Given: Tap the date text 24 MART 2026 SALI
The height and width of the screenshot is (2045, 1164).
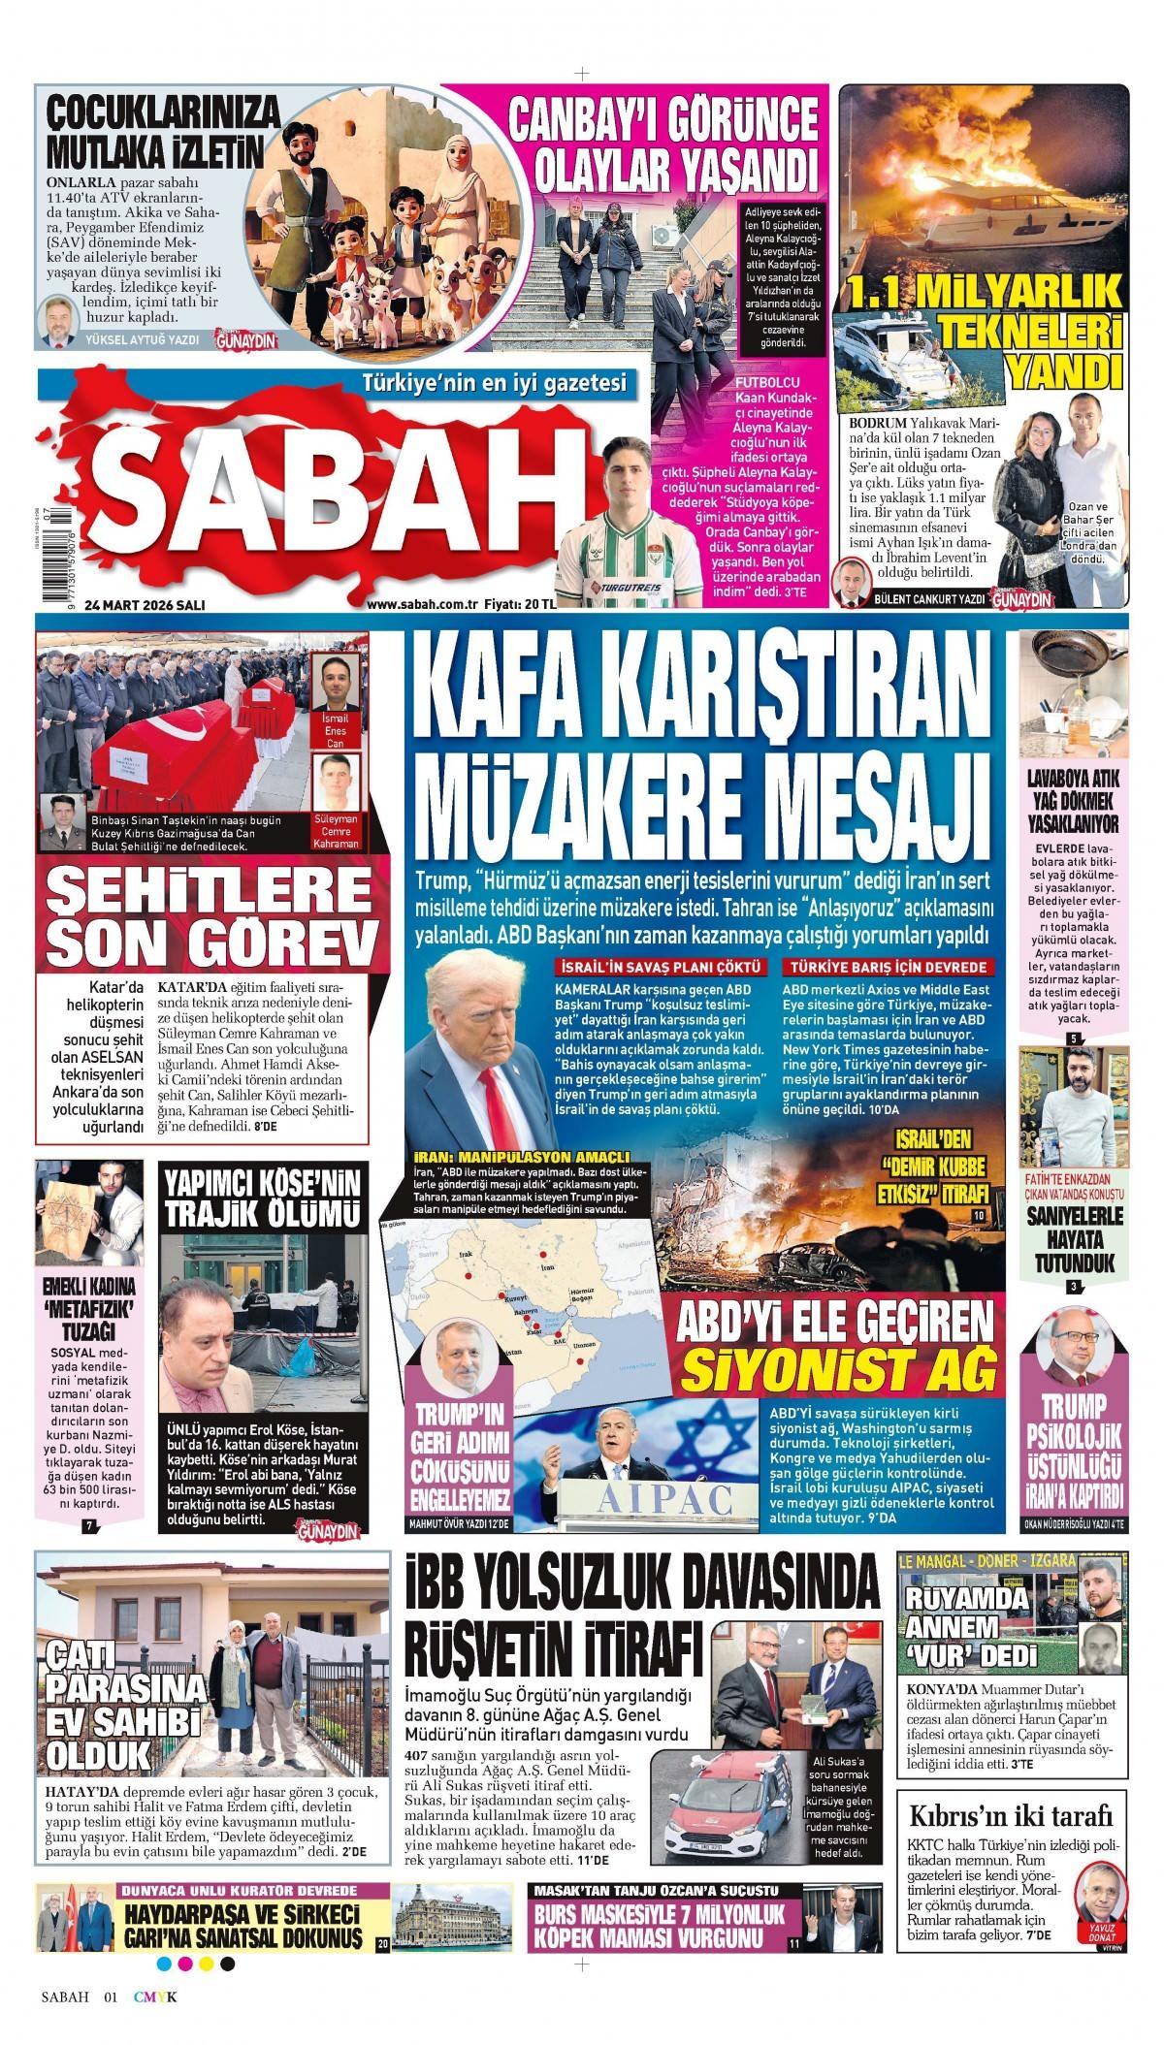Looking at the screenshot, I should pos(145,605).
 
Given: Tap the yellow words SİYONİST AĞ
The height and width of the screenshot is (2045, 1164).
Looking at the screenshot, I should pos(840,1369).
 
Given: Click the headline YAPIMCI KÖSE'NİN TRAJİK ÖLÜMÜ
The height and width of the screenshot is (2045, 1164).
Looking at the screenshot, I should pos(261,1198).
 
